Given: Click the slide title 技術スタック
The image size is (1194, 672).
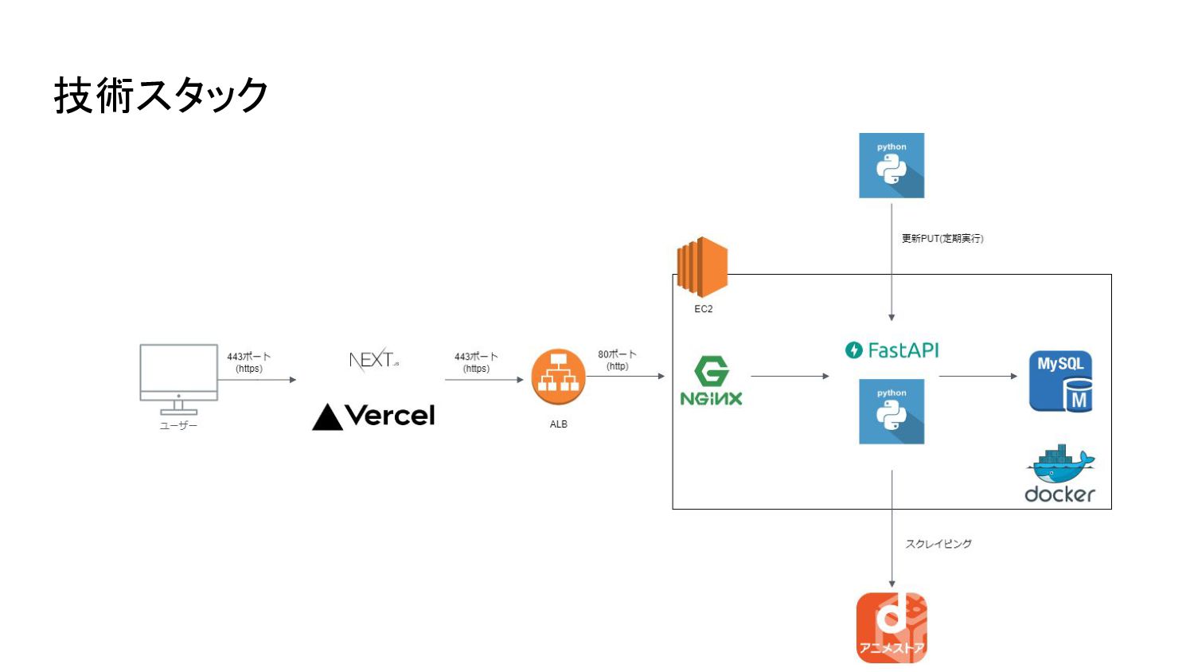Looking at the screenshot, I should pos(161,96).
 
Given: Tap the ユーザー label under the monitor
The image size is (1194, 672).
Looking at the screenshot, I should pos(178,426).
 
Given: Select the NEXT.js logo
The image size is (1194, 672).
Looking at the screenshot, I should pos(373,360).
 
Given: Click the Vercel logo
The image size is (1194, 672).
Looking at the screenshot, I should pos(373,416).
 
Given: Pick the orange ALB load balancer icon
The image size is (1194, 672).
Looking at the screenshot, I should pos(558,377).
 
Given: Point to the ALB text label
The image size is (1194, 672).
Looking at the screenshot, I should pos(558,424).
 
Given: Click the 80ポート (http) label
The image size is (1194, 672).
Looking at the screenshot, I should pos(617,360).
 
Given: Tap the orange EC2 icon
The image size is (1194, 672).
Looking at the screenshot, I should pos(702,267).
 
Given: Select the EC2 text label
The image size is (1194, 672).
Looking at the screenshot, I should pos(703,309).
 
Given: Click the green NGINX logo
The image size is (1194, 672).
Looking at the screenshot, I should pos(711,382).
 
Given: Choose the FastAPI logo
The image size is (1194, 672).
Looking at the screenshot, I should pos(892,350).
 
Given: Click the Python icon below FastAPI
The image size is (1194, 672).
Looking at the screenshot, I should pos(892,412).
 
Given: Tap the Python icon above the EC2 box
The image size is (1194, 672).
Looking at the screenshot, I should pos(892,166).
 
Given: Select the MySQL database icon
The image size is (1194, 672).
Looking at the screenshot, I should pos(1060,381).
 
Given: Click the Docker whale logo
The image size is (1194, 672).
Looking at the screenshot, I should pos(1059,474).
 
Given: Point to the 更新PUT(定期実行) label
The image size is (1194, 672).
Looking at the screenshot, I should pos(942,239).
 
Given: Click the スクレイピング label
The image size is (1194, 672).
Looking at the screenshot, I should pos(938,544).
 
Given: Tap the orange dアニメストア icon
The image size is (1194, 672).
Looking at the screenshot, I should pos(892,627).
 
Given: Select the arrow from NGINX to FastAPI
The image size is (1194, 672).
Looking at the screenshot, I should pos(790,376).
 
